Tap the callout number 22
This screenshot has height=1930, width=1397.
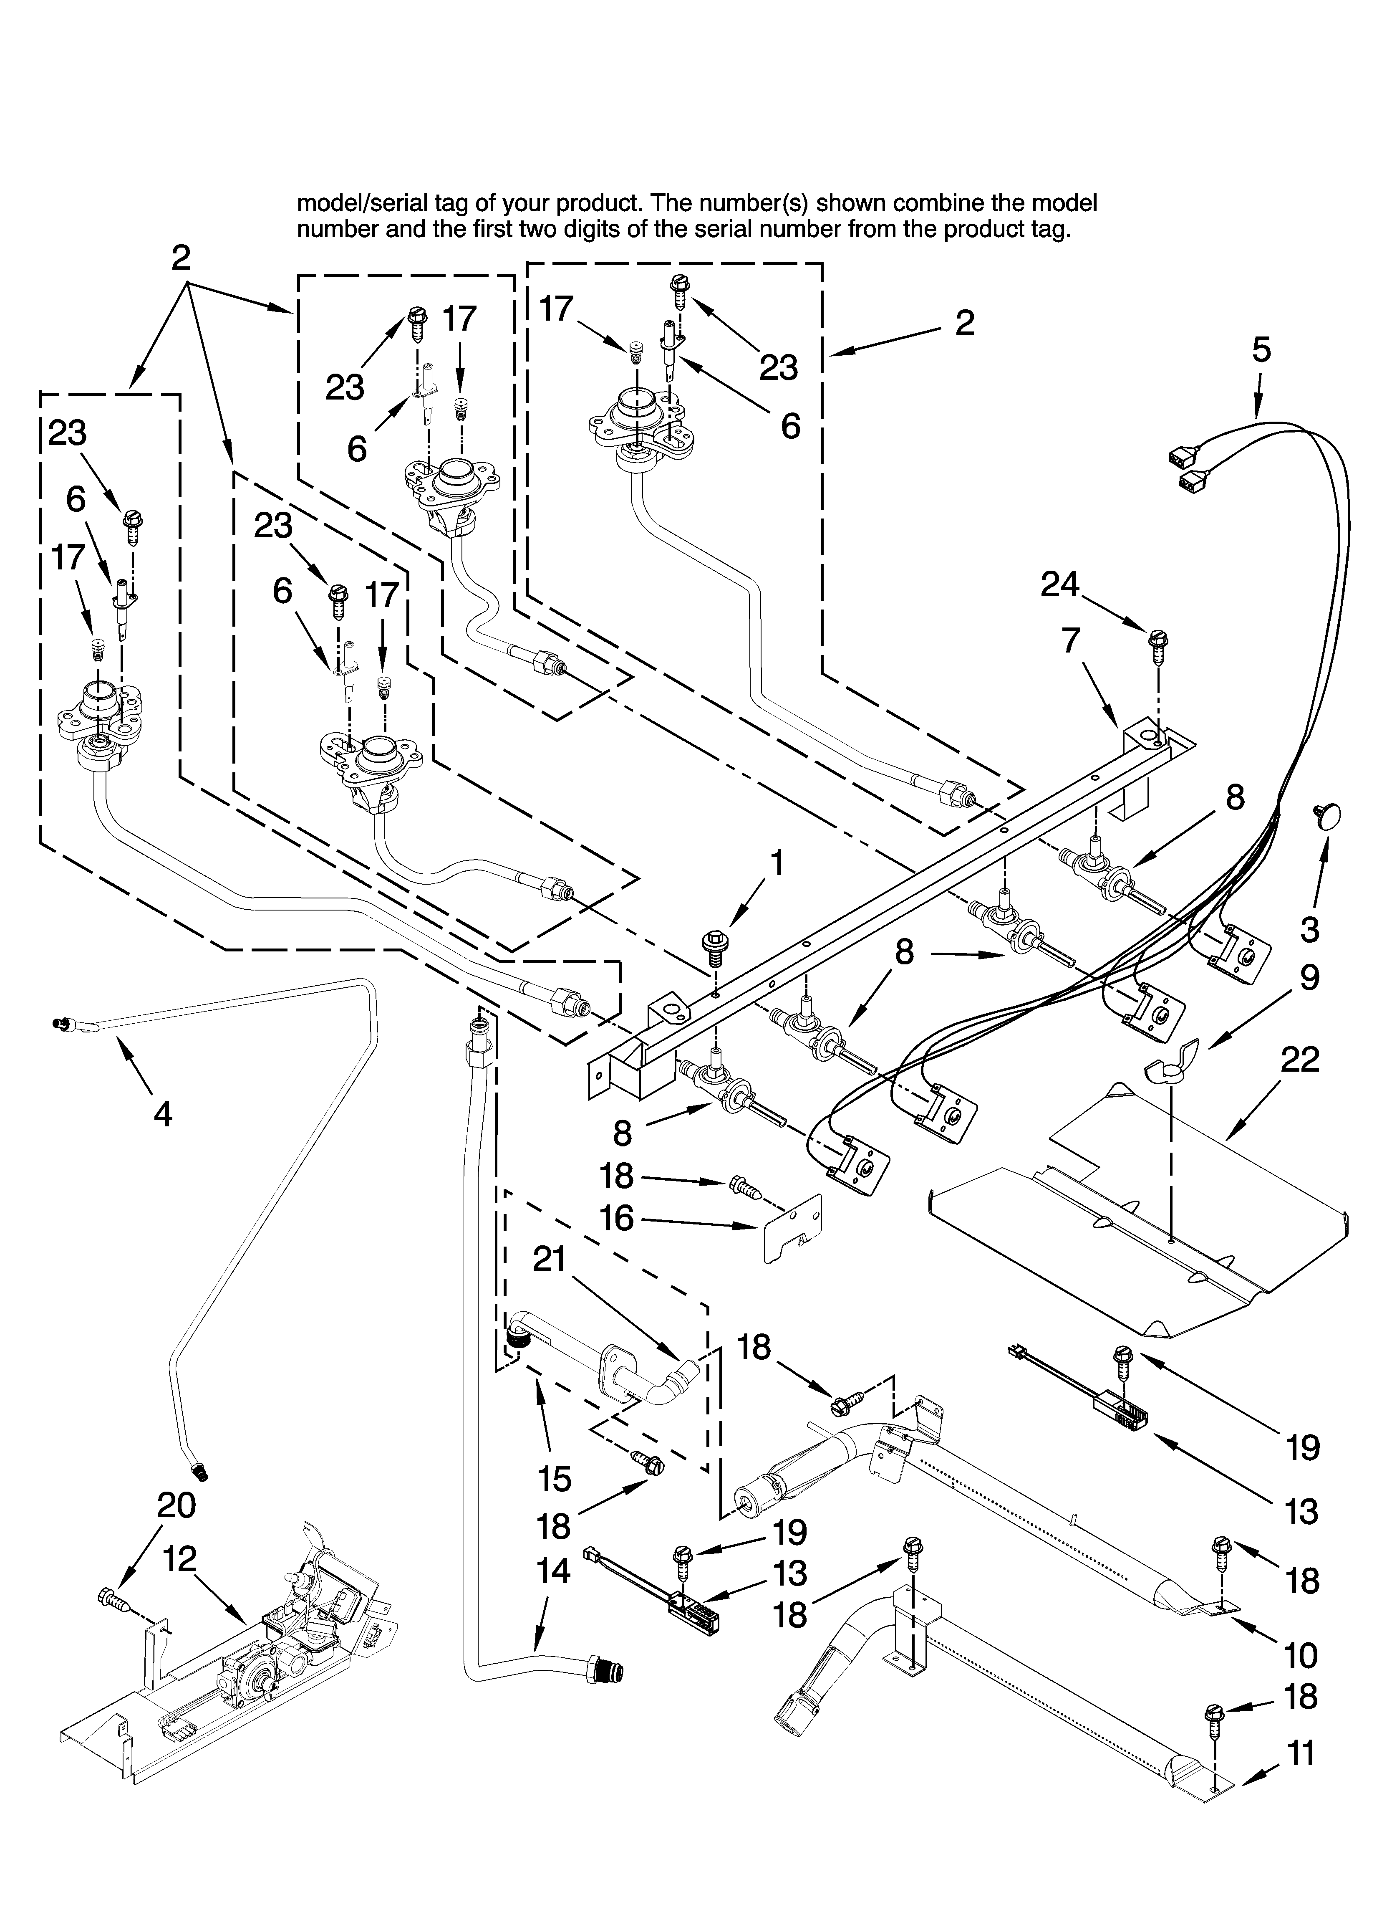pos(1299,1060)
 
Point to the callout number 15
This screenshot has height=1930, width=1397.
pos(555,1479)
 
